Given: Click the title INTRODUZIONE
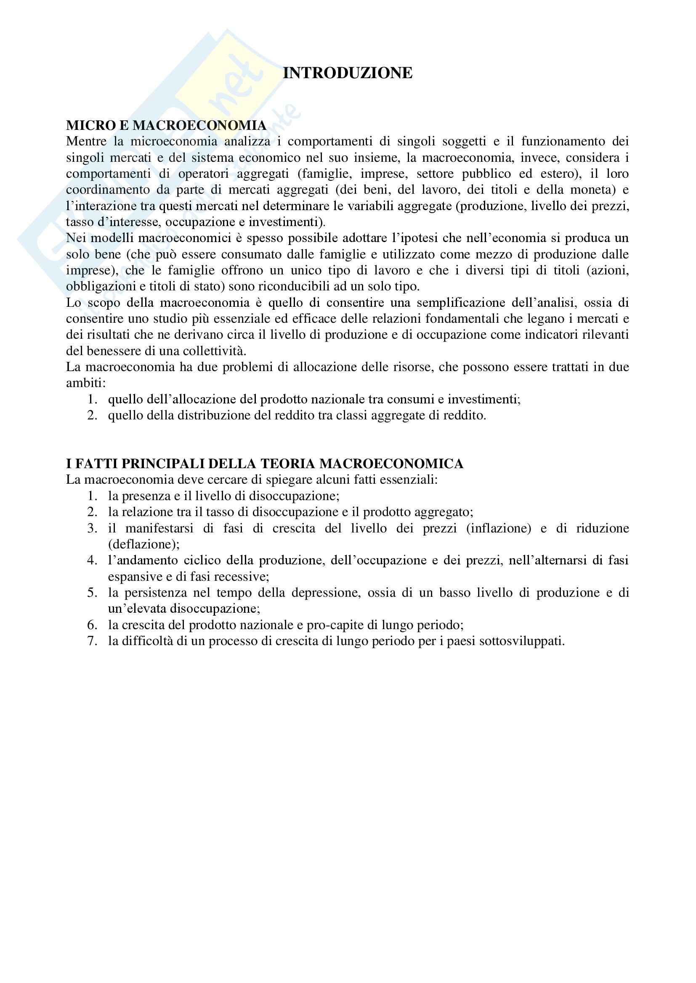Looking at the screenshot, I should point(348,73).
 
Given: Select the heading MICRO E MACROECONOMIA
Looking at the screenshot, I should point(166,125).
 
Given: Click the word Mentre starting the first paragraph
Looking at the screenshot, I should point(86,141).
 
